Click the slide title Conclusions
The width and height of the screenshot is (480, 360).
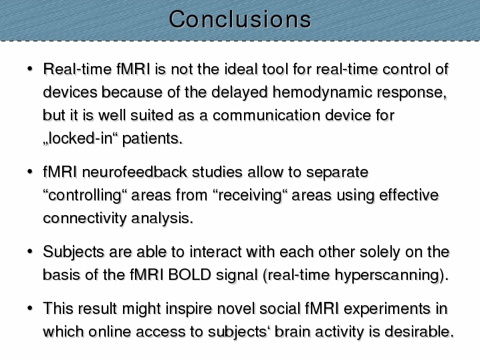pos(240,19)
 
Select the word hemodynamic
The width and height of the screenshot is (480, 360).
pos(322,92)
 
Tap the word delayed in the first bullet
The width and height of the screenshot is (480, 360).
pos(239,92)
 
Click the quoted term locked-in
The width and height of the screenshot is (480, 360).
pos(80,138)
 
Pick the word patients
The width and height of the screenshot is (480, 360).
pos(152,138)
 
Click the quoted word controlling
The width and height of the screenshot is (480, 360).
pos(85,196)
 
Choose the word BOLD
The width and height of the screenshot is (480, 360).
pos(189,275)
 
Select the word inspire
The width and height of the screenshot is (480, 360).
pos(189,309)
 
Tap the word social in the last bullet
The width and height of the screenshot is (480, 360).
pos(280,309)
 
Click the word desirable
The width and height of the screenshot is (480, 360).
pos(419,331)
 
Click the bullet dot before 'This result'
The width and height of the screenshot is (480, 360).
pos(29,308)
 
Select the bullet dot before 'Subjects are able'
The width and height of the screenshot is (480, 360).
pos(29,251)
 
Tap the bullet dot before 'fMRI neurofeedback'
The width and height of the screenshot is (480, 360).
pos(29,172)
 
